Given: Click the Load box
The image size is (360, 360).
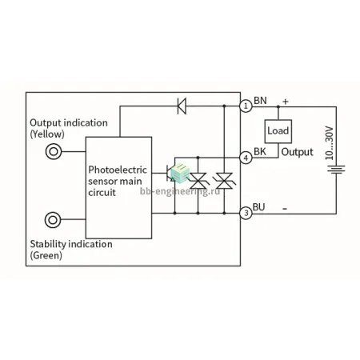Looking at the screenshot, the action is point(278,131).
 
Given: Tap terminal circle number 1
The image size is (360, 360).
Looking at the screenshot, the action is point(246,106).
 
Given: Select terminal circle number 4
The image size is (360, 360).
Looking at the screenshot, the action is point(246,158).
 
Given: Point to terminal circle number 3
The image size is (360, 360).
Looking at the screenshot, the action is point(246,213).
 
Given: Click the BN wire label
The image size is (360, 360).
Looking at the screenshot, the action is point(260,101).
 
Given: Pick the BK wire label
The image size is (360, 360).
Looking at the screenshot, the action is point(260,151).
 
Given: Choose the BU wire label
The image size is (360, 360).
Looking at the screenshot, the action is point(258,207).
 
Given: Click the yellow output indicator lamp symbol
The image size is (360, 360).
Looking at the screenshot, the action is point(54,151).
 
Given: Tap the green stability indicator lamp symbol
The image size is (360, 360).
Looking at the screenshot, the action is point(53,220).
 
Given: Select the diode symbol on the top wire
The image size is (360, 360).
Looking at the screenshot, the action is point(182,106).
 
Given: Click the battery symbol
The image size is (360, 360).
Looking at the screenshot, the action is point(336,170).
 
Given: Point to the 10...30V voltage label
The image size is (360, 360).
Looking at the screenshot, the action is point(330,143).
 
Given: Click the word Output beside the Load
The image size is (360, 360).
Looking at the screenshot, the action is point(298,152).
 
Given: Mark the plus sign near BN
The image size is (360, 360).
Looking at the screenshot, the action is point(286,102).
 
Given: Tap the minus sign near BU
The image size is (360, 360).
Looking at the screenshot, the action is point(285,209).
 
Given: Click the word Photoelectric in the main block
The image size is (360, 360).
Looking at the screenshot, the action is point(118,170).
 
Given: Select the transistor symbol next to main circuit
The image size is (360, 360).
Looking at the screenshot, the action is point(170,174).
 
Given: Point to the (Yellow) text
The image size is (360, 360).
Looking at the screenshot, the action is point(47,134).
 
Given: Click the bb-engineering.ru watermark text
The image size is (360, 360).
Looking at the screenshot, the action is point(180,191).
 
